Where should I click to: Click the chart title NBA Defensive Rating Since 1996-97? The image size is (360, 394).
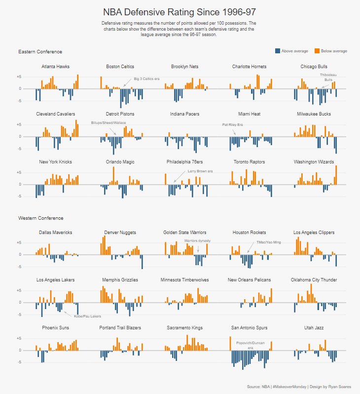[x=179, y=12]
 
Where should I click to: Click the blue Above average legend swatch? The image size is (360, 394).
[x=278, y=51]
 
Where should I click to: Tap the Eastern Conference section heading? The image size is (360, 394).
[x=40, y=52]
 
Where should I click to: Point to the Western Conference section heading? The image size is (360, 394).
[x=41, y=218]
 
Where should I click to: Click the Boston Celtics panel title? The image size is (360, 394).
[x=120, y=67]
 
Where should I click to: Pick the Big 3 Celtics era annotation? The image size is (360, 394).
[x=146, y=79]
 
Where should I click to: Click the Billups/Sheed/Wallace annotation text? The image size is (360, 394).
[x=108, y=122]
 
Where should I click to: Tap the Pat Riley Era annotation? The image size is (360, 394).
[x=233, y=124]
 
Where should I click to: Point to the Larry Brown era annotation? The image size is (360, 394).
[x=200, y=171]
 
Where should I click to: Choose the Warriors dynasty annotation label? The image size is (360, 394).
[x=197, y=241]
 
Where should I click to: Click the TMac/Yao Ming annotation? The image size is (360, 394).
[x=269, y=242]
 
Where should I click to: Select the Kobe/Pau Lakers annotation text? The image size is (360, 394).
[x=87, y=316]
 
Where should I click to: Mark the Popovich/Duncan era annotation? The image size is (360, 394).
[x=250, y=345]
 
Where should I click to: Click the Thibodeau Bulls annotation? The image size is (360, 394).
[x=328, y=77]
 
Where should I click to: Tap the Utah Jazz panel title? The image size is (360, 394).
[x=314, y=327]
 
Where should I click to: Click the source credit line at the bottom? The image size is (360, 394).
[x=299, y=387]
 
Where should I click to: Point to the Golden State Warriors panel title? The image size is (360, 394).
[x=185, y=233]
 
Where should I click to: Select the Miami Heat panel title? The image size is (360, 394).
[x=249, y=114]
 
